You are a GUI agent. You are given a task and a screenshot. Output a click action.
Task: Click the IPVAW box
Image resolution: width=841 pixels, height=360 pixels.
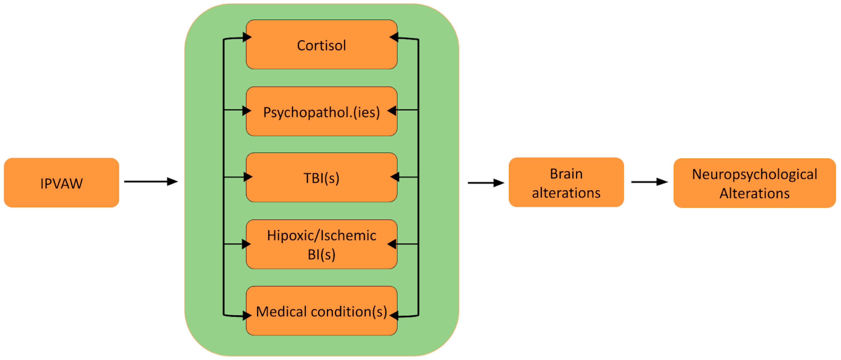coord(61,183)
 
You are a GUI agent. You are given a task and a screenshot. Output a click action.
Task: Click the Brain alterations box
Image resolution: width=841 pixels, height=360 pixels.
coord(566,182)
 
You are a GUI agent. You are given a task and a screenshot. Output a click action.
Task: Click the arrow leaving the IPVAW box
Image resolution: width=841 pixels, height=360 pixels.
coord(151,182)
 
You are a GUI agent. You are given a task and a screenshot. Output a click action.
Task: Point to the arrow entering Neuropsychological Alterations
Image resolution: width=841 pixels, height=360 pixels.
coord(649,182)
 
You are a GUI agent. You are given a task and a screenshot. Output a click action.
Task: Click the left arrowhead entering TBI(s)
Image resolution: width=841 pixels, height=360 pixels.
coord(248,177)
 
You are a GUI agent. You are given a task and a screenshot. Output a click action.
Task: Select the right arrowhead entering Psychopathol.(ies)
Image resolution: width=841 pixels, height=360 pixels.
coord(392,111)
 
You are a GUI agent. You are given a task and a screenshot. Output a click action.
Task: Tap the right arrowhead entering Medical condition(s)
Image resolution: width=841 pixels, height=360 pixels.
coord(394,316)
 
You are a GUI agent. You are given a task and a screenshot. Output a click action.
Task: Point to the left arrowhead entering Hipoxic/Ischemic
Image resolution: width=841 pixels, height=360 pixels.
coord(246,244)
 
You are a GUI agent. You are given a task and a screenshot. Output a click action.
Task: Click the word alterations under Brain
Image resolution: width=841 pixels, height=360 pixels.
coord(566,193)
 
